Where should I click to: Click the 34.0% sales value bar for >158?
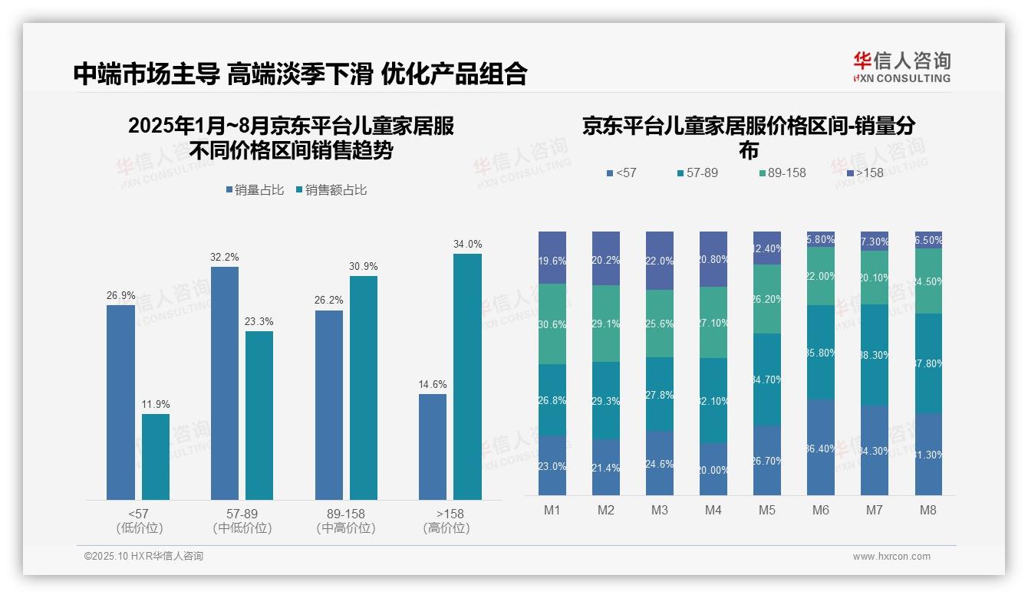coord(467,376)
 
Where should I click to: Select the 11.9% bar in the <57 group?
coord(156,457)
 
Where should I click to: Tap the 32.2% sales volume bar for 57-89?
coord(224,383)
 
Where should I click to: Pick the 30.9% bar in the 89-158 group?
coord(364,388)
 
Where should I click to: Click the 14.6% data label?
coord(433,384)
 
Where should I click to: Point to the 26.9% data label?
coord(120,295)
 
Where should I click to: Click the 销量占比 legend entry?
coord(256,190)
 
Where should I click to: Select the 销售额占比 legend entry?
coord(331,190)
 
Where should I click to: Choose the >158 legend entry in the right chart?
coord(865,172)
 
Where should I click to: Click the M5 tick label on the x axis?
coord(767,510)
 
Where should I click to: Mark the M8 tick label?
coord(928,510)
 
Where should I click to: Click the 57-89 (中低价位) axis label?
coord(242,521)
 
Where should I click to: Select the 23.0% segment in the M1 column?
coord(552,465)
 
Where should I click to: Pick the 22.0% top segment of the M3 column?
coord(660,261)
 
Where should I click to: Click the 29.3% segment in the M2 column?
coord(606,400)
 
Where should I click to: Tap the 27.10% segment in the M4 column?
coord(713,323)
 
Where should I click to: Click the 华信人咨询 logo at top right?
coord(901,67)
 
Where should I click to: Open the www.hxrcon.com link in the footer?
coord(891,557)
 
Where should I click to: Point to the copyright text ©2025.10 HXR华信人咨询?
coord(143,557)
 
